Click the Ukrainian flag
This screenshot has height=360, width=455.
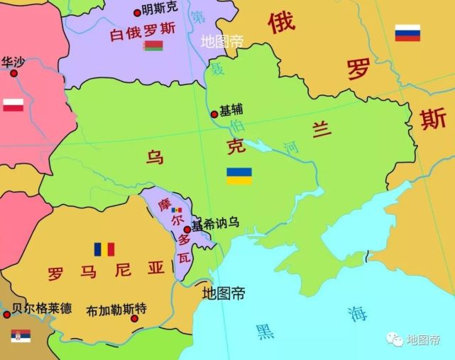239,176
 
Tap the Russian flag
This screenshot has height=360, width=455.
407,33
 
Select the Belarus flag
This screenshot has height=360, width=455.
153,46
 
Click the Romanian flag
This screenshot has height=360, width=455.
104,249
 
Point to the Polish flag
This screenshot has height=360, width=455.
13,105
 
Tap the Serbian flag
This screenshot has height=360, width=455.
16,336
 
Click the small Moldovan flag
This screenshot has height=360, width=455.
177,210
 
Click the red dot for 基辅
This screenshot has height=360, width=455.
214,114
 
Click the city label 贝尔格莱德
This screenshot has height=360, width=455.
42,309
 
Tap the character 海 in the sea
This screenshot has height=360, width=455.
356,313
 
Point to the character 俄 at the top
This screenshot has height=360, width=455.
281,23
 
